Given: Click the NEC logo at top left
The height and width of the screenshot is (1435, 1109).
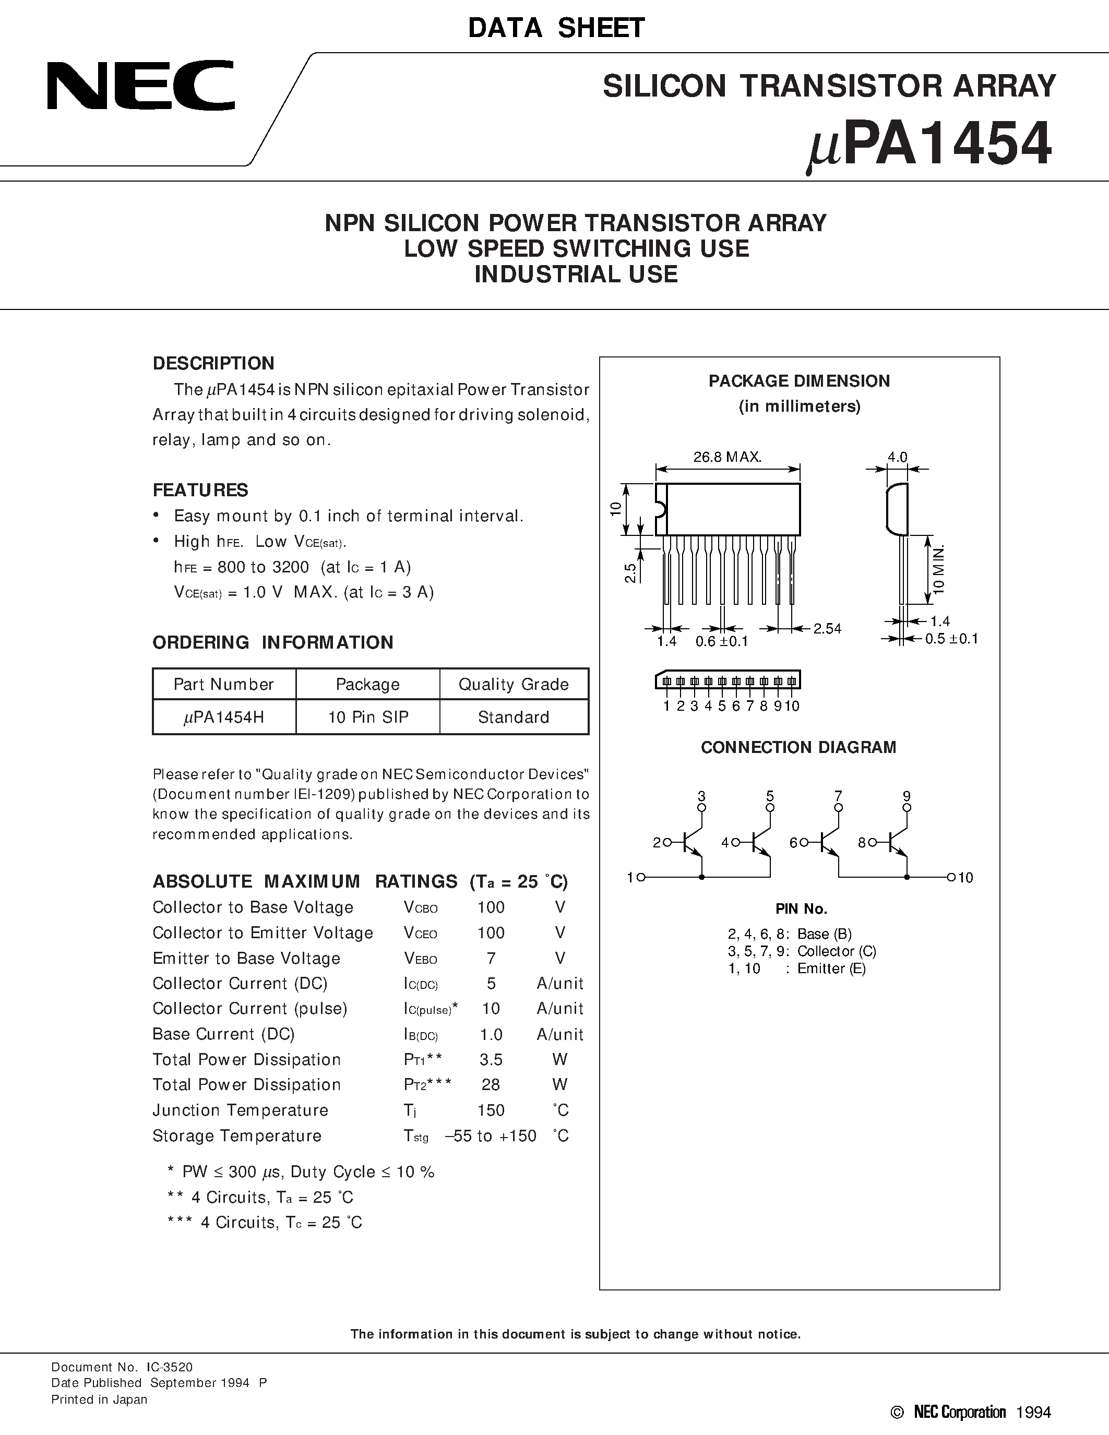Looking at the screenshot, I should (x=140, y=86).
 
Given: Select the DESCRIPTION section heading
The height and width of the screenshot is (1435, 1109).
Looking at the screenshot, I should (x=213, y=363).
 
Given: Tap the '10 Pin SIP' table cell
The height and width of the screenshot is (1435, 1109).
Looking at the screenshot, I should (x=368, y=717).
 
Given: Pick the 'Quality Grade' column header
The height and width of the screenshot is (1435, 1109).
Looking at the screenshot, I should (x=513, y=684).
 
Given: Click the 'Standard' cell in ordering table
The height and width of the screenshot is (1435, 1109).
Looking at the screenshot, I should (x=513, y=717).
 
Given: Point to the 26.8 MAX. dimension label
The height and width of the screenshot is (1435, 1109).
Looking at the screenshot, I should (x=728, y=457).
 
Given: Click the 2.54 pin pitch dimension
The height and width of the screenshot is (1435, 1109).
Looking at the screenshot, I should (x=827, y=629).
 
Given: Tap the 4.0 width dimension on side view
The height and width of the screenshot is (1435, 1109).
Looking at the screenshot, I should (x=898, y=457).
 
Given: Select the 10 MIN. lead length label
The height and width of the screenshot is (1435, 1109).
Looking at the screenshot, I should (x=938, y=569).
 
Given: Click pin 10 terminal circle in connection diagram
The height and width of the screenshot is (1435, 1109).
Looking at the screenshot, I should (x=950, y=877).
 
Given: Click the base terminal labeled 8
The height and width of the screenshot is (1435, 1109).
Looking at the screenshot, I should (x=873, y=842).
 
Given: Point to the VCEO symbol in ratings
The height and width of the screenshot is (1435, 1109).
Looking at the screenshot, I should (x=421, y=933).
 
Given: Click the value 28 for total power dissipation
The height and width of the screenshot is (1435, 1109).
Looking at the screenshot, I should (x=491, y=1085).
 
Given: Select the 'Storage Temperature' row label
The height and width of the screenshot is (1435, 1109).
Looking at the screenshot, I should (x=236, y=1135).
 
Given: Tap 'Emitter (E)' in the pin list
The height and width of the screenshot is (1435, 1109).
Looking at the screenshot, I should (x=831, y=968).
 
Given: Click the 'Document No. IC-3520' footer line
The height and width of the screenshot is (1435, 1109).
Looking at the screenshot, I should (x=122, y=1367).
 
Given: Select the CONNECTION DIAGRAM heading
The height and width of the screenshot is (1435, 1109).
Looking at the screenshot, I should (x=798, y=747).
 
